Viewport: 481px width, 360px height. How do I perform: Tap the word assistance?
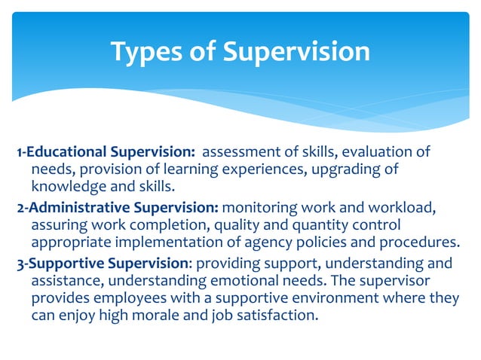(64, 281)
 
